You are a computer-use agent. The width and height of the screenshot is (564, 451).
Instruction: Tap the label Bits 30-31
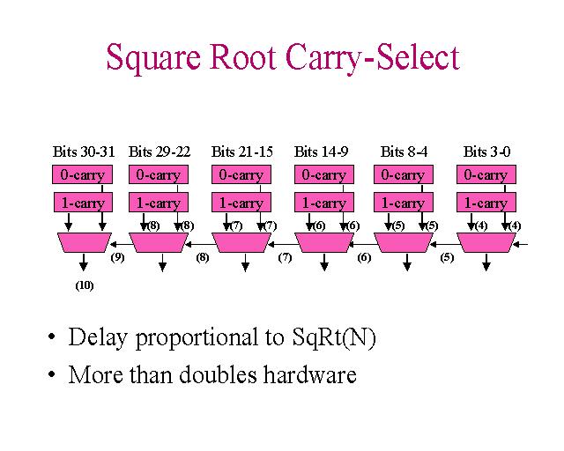pyautogui.click(x=84, y=152)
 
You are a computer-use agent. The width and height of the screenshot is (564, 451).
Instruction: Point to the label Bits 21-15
pyautogui.click(x=242, y=152)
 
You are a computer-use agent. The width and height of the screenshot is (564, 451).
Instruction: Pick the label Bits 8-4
pyautogui.click(x=404, y=152)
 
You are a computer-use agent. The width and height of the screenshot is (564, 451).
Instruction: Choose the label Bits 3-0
pyautogui.click(x=486, y=152)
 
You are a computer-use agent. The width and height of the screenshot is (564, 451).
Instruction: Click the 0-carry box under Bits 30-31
pyautogui.click(x=83, y=174)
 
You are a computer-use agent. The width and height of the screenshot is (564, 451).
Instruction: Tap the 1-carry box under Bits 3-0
pyautogui.click(x=486, y=203)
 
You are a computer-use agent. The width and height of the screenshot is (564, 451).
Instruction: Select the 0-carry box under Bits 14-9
pyautogui.click(x=323, y=174)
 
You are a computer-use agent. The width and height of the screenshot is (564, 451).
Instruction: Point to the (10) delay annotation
pyautogui.click(x=85, y=285)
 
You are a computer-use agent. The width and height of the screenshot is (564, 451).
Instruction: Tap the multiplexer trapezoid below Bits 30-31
pyautogui.click(x=85, y=242)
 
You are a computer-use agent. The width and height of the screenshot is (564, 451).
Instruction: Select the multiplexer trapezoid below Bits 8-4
pyautogui.click(x=405, y=242)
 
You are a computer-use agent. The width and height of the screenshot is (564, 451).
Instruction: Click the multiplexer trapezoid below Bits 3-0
pyautogui.click(x=487, y=242)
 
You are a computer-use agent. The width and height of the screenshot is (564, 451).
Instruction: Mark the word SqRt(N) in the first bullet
pyautogui.click(x=321, y=337)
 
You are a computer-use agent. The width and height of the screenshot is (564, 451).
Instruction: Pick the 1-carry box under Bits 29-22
pyautogui.click(x=159, y=203)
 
